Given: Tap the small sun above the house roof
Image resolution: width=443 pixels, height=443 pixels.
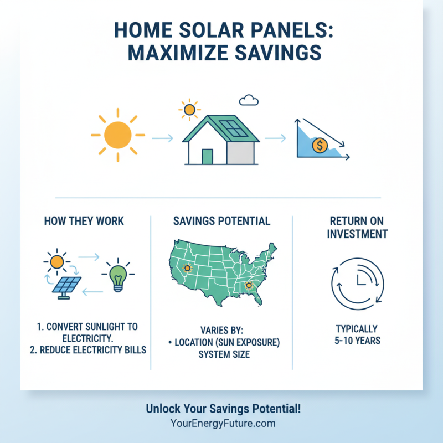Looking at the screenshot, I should tap(189, 110).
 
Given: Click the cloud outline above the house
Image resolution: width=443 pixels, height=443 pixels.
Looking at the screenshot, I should tap(249, 100).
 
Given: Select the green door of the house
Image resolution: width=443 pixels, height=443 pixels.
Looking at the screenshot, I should tap(207, 157).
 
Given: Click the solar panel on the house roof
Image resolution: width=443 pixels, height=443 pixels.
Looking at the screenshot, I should tap(235, 130).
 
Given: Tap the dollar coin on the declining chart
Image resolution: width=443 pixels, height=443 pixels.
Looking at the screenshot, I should tap(320, 146).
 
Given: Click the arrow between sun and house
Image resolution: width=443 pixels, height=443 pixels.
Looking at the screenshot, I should tap(162, 138).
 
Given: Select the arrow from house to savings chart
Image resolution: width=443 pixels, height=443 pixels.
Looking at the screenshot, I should tap(275, 138).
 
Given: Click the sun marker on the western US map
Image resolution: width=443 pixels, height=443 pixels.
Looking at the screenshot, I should tap(187, 269).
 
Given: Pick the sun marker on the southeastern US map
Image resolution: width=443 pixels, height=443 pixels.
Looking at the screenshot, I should tap(249, 286).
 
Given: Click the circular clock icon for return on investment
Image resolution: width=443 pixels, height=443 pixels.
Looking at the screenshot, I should tap(357, 280).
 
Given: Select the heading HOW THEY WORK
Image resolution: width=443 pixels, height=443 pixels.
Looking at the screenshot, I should tap(84, 221).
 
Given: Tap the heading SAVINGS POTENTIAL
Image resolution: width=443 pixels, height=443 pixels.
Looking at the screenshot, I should tap(221, 221).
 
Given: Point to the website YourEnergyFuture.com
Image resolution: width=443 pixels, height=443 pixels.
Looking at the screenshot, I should tap(223, 424).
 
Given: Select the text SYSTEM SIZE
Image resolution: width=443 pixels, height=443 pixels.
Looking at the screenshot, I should tap(224, 354).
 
